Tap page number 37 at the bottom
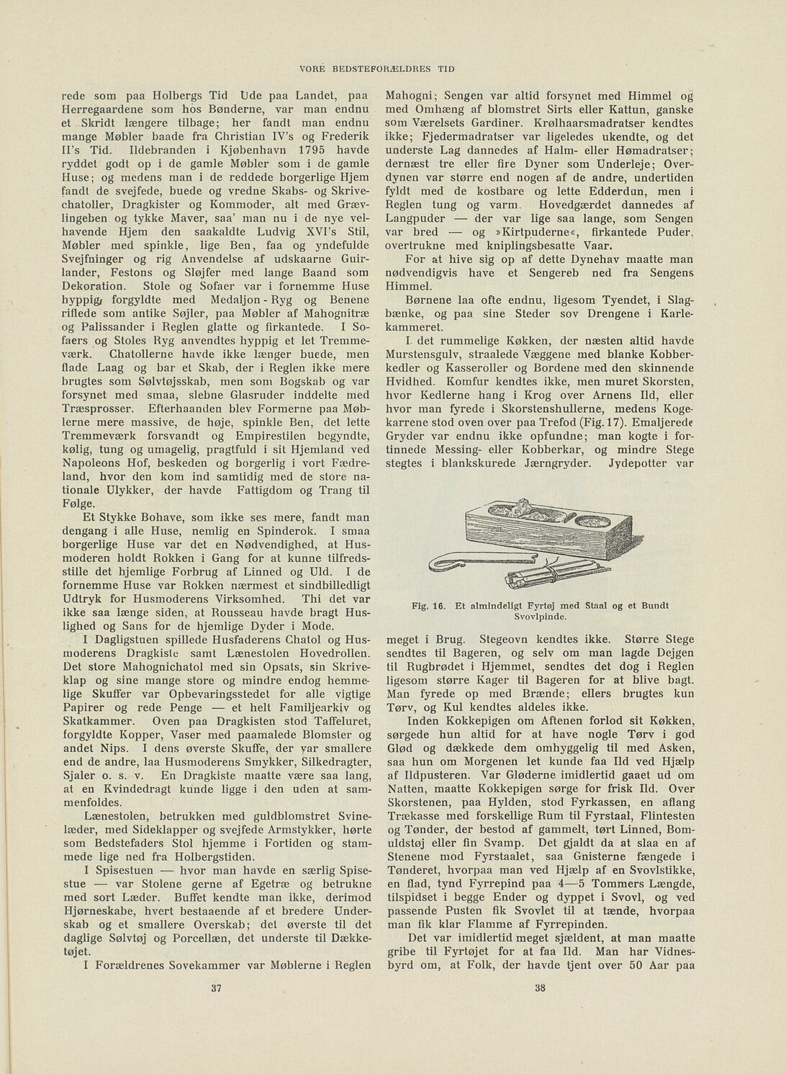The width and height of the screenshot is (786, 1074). (214, 988)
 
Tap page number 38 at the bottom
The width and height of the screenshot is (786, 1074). (541, 988)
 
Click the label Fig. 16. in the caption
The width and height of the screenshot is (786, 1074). (430, 606)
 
